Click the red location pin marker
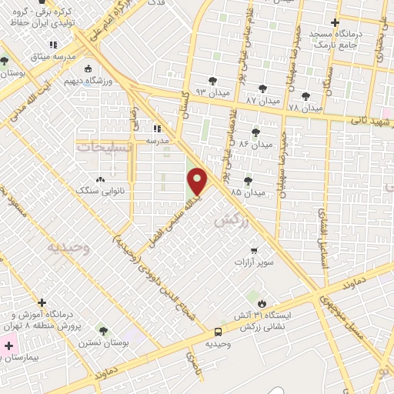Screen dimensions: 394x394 (198, 182)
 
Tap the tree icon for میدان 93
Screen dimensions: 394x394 (212, 79)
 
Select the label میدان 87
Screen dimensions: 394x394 (260, 101)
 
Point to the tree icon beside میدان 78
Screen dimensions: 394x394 (306, 96)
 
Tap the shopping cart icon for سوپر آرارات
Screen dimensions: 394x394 (253, 250)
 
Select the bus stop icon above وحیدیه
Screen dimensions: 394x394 (219, 332)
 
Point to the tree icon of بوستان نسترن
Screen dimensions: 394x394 (102, 331)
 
